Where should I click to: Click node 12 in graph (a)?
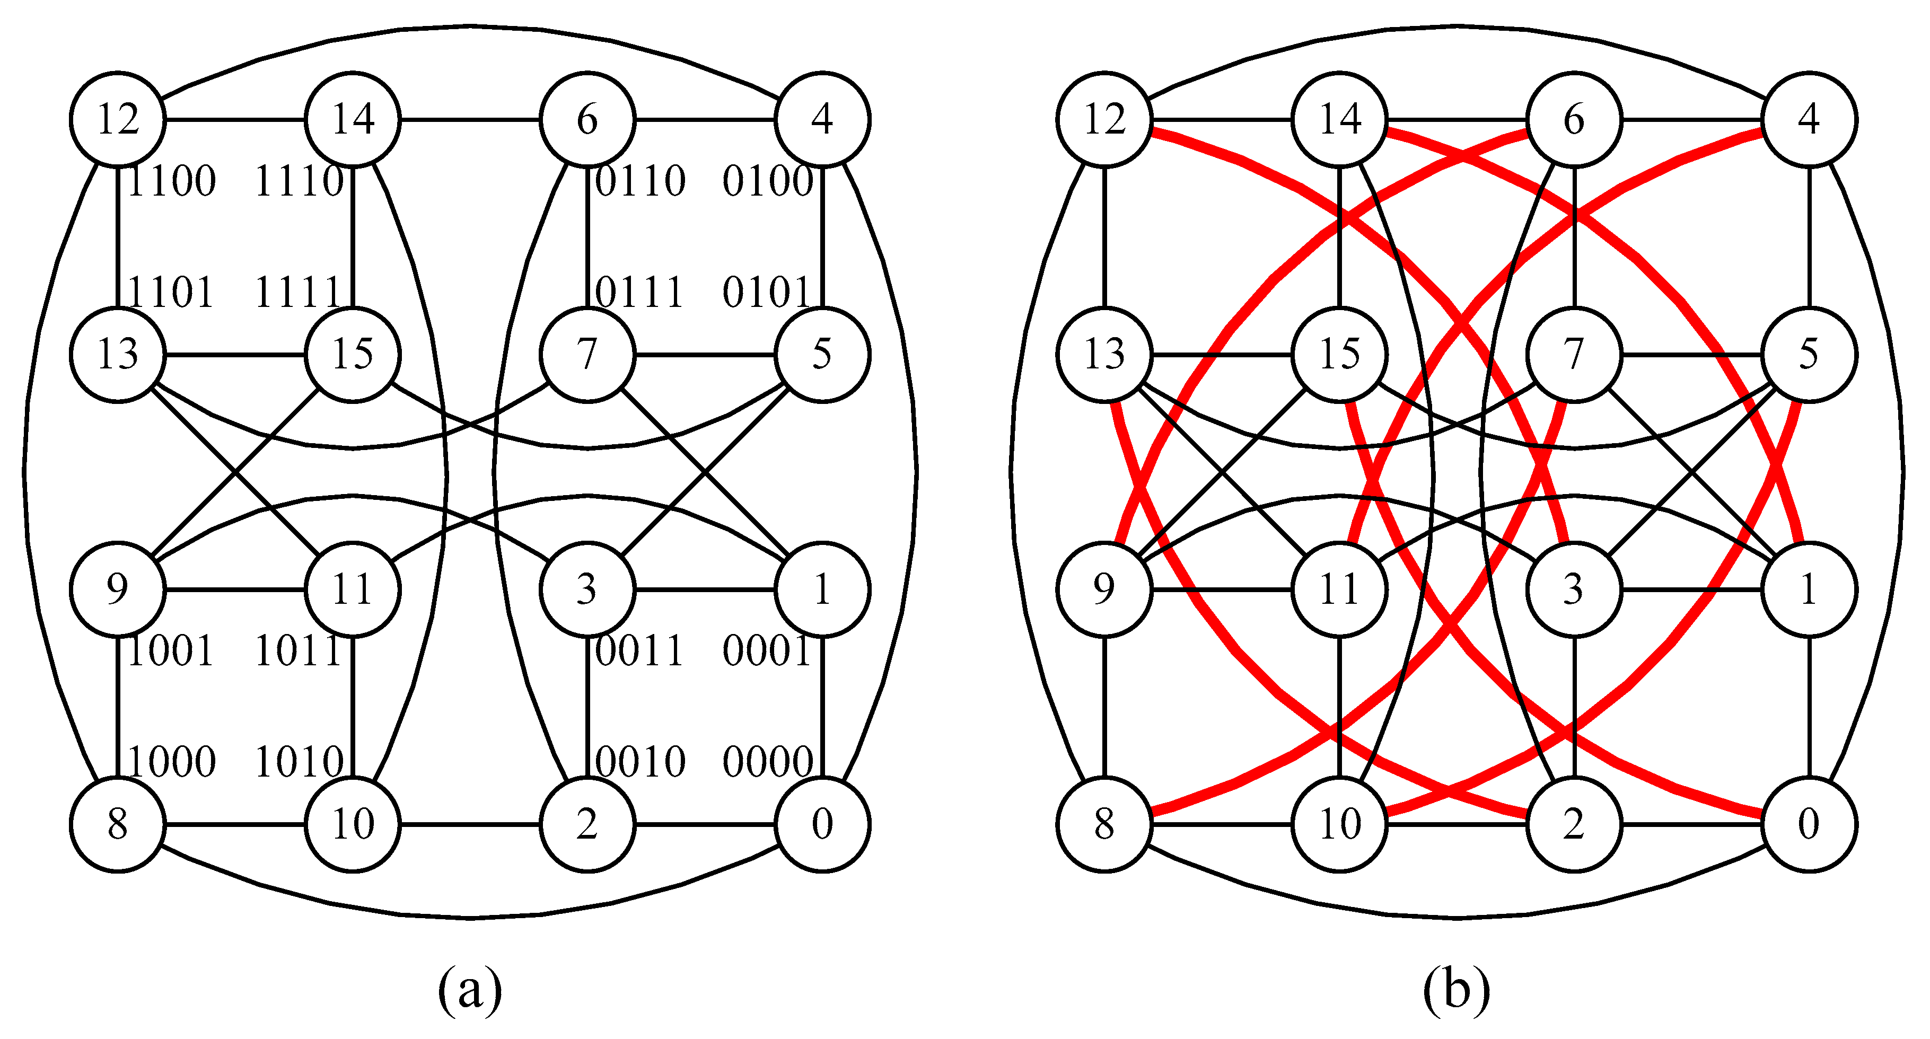(x=118, y=119)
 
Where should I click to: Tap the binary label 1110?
(x=299, y=181)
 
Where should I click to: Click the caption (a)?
(x=470, y=990)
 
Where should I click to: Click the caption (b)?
(x=1456, y=990)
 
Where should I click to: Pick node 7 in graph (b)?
(x=1574, y=354)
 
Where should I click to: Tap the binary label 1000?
(x=172, y=762)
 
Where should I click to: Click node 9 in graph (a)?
(x=118, y=589)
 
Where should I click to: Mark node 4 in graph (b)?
(x=1809, y=119)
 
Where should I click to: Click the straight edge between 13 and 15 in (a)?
(x=235, y=354)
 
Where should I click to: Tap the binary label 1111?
(x=299, y=292)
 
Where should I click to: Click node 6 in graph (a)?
(x=587, y=119)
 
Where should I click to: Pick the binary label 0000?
(x=767, y=762)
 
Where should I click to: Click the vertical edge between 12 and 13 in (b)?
(x=1104, y=237)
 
